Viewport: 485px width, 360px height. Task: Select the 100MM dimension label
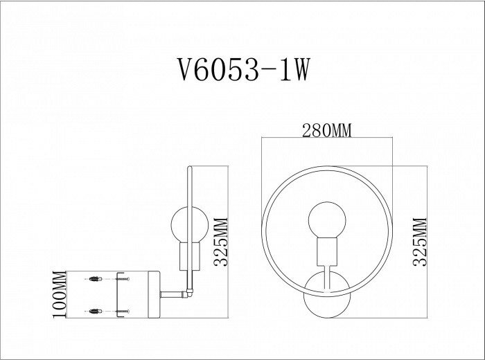tap(61, 294)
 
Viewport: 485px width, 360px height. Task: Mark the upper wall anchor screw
tap(96, 280)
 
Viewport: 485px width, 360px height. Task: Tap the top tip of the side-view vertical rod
tap(190, 168)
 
